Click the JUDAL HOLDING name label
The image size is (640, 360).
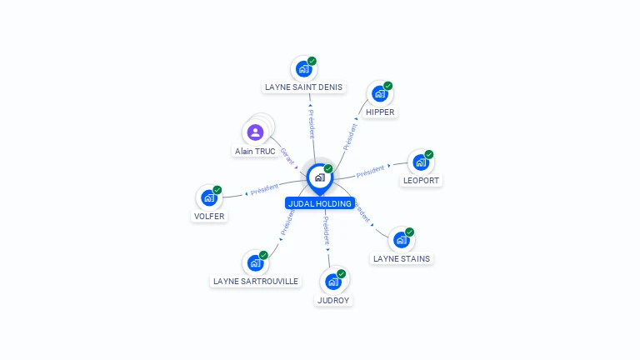click(x=320, y=202)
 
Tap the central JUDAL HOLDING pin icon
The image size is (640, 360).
click(x=320, y=177)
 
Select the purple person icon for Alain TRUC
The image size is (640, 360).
click(x=255, y=132)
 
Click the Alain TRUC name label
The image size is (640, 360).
click(x=255, y=152)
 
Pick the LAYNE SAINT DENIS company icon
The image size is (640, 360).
click(x=303, y=69)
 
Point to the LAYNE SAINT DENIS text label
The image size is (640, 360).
click(x=303, y=87)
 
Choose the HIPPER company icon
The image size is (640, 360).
click(x=380, y=94)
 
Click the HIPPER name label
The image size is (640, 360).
click(x=380, y=112)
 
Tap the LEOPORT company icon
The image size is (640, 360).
click(x=421, y=162)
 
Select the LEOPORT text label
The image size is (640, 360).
click(x=421, y=180)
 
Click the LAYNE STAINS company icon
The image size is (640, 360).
click(x=402, y=240)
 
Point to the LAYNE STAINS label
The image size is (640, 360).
click(x=402, y=258)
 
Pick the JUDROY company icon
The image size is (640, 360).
click(x=333, y=282)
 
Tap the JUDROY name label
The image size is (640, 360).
click(x=333, y=300)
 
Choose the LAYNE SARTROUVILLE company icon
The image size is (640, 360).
click(x=255, y=263)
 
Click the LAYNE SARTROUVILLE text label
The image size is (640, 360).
click(x=256, y=282)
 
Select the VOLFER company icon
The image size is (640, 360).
click(x=208, y=198)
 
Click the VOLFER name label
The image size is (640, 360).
click(x=208, y=217)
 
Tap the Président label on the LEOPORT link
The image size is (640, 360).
click(x=370, y=171)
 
